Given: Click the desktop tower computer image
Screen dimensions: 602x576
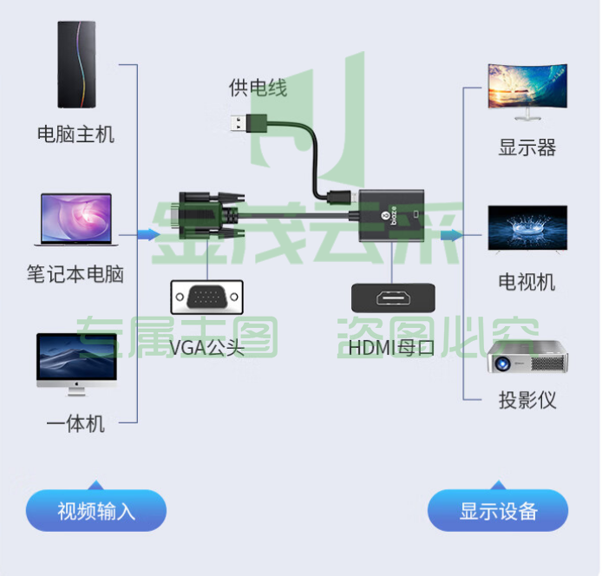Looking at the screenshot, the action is pos(76,64).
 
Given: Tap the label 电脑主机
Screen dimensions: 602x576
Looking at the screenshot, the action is pos(75,134).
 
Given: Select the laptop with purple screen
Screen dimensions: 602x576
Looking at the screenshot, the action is pos(76,219).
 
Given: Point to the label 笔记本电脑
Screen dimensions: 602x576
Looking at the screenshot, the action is pos(75,274).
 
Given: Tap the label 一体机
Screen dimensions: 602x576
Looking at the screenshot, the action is pos(75,424).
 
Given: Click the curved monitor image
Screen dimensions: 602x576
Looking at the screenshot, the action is pos(527,92).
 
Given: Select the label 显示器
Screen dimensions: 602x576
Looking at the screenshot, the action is pos(527,147).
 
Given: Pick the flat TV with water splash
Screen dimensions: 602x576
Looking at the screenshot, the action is pos(527,229).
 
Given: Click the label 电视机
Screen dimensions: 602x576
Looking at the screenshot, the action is pos(527,282).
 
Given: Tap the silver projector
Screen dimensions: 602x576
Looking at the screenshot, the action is pos(528,357).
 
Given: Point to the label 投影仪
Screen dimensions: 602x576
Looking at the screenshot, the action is pos(527,400).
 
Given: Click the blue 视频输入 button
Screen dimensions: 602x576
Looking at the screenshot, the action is pos(96,510).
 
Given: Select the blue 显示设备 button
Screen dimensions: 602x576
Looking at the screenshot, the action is pos(498,510).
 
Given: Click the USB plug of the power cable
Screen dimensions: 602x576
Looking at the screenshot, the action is pos(249,124).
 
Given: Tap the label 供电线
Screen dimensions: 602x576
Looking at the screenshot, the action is pos(258,88).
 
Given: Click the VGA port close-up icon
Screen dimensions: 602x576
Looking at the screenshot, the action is pos(207,298).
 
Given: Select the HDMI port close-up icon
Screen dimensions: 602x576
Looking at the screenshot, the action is pos(394,298).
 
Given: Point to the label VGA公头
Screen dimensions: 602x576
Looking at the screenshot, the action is pos(207,348).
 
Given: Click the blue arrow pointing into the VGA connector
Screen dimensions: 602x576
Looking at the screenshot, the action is pos(148,234).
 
